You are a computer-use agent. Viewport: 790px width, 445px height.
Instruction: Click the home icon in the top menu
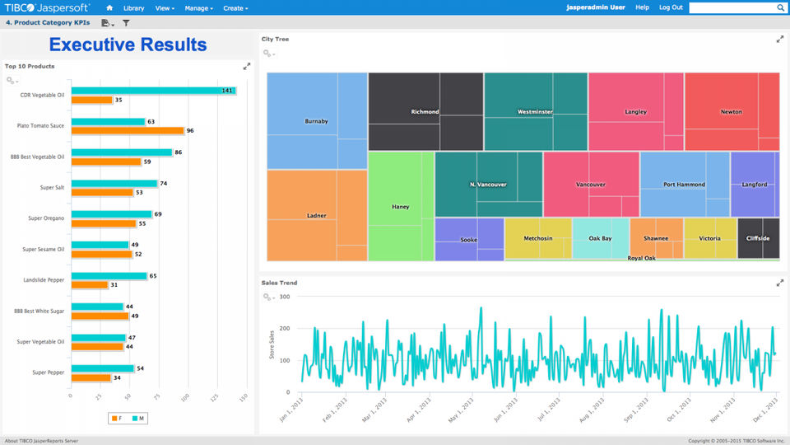109,8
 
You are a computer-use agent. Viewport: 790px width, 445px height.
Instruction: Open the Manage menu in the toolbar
198,8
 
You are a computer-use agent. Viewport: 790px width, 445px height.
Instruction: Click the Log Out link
671,7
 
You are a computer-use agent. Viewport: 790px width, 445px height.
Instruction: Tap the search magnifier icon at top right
780,7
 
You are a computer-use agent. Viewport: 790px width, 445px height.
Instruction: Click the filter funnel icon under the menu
126,23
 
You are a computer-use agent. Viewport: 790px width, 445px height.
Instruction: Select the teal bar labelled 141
154,91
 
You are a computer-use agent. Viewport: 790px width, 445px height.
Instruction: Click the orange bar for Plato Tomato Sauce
128,131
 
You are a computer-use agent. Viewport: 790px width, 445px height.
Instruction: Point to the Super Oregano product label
46,218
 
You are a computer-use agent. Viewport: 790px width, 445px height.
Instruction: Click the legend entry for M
138,419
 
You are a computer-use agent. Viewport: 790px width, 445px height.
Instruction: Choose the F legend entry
117,419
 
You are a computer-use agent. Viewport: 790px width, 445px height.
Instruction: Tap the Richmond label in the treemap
425,111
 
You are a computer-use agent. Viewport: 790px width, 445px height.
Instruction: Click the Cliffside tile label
758,239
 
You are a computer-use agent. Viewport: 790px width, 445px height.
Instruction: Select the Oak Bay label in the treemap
600,239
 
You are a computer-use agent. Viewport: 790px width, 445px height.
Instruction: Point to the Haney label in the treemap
401,207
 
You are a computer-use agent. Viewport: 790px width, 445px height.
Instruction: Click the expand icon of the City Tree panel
780,39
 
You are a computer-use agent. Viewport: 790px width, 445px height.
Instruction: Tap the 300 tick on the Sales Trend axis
285,297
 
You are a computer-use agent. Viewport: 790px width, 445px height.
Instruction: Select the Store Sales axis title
272,344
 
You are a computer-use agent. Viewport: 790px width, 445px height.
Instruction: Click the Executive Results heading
128,44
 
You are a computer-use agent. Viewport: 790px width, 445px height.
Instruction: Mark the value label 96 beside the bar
190,131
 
